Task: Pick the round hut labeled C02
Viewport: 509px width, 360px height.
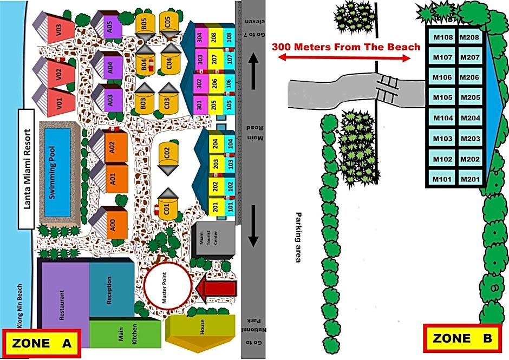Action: coord(168,154)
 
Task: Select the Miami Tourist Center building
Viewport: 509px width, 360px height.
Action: coord(216,241)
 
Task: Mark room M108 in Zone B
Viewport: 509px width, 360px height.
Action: coord(442,37)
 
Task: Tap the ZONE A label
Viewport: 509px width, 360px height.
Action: coord(42,343)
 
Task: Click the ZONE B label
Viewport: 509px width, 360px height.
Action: coord(462,339)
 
